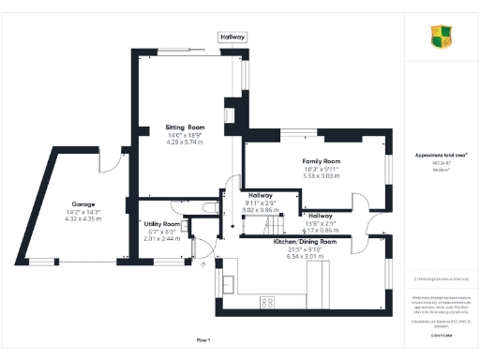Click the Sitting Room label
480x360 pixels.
point(185,127)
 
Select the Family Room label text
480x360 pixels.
point(321,161)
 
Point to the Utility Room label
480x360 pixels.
point(161,225)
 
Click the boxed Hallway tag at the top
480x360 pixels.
point(232,37)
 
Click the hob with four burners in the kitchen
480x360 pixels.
point(267,302)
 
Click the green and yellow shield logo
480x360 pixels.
point(442,37)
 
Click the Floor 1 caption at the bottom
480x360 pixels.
point(204,338)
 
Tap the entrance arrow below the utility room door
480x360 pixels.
point(203,264)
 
